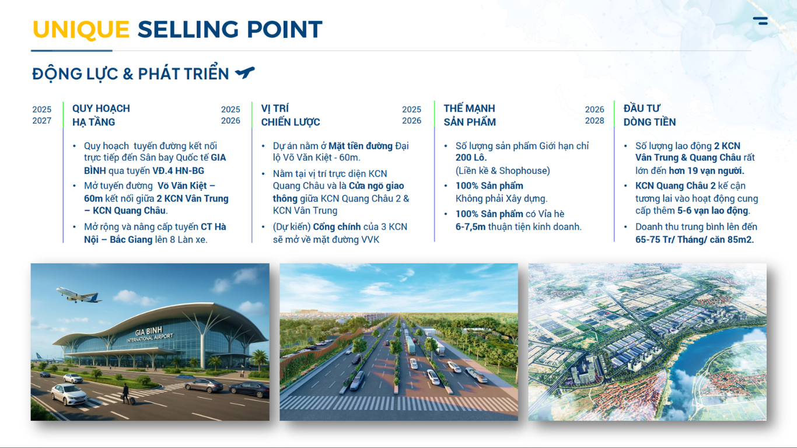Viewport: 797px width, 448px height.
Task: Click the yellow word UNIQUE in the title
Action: point(81,29)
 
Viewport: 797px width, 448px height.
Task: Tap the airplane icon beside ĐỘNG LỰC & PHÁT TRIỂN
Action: point(245,72)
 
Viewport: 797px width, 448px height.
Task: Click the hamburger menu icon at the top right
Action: point(760,21)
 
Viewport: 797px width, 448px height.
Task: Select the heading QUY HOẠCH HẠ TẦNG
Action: point(101,115)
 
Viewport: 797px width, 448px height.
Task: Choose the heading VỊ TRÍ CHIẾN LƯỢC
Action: point(291,115)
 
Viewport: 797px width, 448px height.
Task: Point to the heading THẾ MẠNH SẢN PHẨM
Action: point(470,115)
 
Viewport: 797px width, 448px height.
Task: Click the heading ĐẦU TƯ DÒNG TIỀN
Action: point(649,115)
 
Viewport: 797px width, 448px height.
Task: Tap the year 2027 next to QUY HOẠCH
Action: point(41,121)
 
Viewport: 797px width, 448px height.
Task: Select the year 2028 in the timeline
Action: point(595,121)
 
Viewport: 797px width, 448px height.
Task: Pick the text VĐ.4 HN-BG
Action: point(179,171)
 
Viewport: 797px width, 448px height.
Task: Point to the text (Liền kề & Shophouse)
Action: point(503,171)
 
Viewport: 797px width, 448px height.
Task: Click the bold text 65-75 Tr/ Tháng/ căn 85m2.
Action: point(694,240)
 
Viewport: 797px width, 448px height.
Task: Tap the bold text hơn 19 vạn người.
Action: point(706,171)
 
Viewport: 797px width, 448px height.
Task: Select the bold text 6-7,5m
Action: point(470,227)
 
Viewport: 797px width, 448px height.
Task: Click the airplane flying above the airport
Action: point(79,295)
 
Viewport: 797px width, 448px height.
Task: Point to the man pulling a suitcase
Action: point(125,394)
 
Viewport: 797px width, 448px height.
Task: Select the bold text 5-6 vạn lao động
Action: point(712,211)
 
